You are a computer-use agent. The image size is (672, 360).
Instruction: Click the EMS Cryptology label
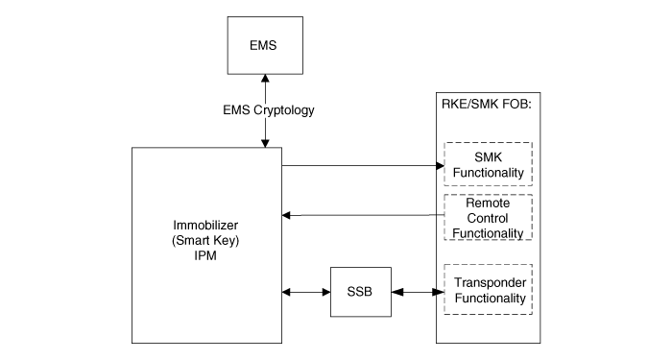coord(264,110)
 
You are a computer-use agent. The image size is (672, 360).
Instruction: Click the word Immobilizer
coord(206,224)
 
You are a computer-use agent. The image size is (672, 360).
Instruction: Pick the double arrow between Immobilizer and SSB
coord(306,291)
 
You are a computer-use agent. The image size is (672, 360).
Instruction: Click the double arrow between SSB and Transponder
coord(417,291)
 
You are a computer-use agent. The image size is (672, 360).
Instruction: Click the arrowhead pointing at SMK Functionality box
coord(438,165)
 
